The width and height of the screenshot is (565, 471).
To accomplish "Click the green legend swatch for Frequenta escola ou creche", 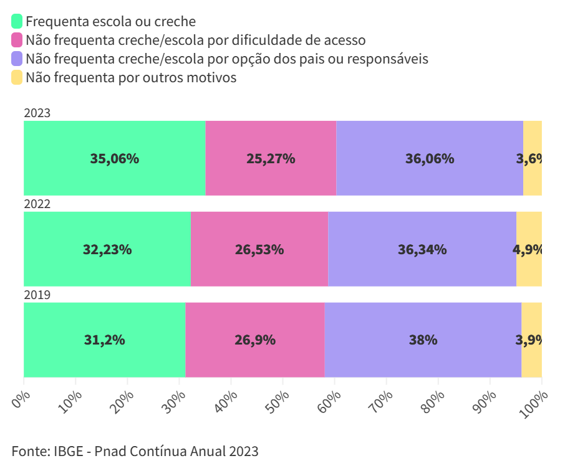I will pyautogui.click(x=17, y=22).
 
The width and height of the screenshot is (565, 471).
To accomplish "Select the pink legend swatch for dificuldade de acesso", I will pyautogui.click(x=17, y=40).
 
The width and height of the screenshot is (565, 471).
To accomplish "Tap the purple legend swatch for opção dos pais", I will pyautogui.click(x=17, y=59).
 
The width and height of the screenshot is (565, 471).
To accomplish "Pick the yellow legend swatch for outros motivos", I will pyautogui.click(x=17, y=78).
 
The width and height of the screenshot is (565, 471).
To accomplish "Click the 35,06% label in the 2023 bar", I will pyautogui.click(x=115, y=158).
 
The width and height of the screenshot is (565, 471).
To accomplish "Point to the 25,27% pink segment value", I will pyautogui.click(x=271, y=158).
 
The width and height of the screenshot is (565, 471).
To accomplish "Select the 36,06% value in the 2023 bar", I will pyautogui.click(x=430, y=158).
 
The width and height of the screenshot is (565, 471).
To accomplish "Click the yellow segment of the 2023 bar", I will pyautogui.click(x=533, y=158).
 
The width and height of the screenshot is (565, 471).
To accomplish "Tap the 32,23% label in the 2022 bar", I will pyautogui.click(x=107, y=249).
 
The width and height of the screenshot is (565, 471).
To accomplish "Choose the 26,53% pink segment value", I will pyautogui.click(x=259, y=249).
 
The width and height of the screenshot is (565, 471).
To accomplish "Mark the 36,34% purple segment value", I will pyautogui.click(x=422, y=249).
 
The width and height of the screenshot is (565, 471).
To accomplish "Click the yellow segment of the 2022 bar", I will pyautogui.click(x=529, y=249).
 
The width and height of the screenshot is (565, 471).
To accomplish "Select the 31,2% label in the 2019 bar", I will pyautogui.click(x=105, y=340).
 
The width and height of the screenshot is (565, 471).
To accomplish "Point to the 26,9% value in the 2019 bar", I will pyautogui.click(x=255, y=340).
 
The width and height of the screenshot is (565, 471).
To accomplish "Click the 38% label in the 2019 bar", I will pyautogui.click(x=423, y=340).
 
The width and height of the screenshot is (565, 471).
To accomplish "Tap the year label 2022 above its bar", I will pyautogui.click(x=37, y=204).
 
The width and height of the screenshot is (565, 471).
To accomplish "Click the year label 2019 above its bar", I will pyautogui.click(x=37, y=295).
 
